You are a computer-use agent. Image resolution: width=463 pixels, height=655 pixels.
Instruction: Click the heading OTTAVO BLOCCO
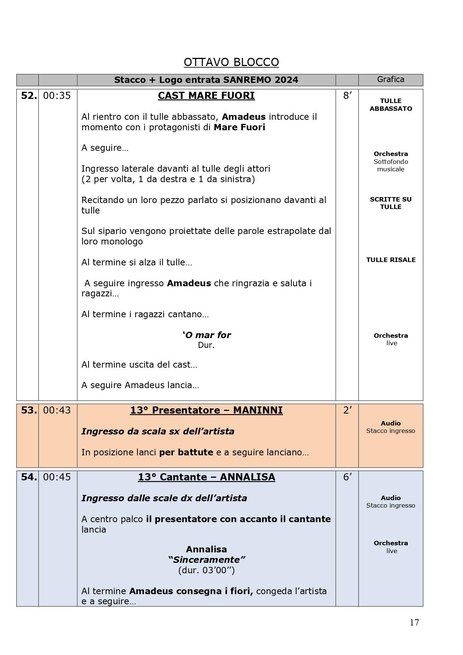tap(231, 62)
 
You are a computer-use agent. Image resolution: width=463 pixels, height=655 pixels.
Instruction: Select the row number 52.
tap(29, 96)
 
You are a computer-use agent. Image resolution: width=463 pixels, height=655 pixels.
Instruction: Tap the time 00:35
tap(57, 96)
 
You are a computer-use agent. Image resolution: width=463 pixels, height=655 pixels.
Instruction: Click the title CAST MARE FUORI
tap(206, 96)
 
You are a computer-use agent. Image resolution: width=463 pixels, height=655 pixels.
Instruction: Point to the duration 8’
tap(347, 96)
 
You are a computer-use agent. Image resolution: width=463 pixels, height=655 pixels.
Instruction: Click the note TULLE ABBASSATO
tap(391, 105)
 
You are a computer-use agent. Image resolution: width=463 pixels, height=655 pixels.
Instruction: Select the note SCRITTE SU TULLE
tap(391, 203)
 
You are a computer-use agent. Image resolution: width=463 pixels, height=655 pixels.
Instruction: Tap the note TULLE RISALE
tap(391, 260)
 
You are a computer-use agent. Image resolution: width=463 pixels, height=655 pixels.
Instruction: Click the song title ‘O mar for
tap(206, 335)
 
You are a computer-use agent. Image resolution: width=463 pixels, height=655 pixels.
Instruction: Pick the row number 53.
tap(29, 411)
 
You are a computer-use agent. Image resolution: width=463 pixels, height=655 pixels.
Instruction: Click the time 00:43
tap(57, 411)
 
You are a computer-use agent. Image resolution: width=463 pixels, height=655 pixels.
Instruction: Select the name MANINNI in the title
tap(258, 411)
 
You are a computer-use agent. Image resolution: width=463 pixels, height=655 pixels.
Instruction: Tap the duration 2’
tap(347, 411)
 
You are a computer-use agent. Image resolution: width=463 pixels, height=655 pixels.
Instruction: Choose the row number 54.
tap(29, 477)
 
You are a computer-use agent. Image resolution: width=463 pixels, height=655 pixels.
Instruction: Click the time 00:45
tap(57, 477)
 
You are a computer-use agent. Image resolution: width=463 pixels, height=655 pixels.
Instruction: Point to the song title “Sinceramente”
tap(206, 560)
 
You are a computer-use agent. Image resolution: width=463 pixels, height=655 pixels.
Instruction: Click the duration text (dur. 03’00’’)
tap(206, 570)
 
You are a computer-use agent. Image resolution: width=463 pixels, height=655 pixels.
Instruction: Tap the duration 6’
tap(347, 477)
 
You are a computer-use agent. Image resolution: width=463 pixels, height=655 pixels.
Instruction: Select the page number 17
tap(414, 623)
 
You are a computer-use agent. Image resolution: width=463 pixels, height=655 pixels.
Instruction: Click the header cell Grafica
tap(391, 79)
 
